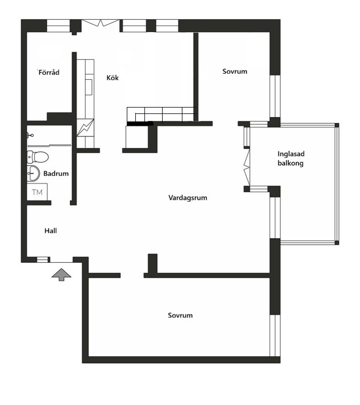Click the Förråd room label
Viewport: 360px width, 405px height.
(49, 72)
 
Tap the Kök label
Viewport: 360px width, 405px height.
(112, 78)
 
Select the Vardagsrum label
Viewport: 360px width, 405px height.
(188, 198)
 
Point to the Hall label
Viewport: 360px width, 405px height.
(51, 231)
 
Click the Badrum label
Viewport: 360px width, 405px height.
(56, 173)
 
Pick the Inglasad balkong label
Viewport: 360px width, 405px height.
(291, 158)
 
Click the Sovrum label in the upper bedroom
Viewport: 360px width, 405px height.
(235, 71)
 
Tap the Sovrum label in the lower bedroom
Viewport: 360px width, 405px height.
(180, 315)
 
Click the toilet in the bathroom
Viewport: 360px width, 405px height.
(37, 157)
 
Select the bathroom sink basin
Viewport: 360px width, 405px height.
(33, 173)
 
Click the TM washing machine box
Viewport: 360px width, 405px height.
(37, 192)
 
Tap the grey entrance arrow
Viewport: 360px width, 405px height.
(62, 274)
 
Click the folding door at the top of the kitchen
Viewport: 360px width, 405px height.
(100, 23)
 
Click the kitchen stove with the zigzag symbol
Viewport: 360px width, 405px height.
(85, 127)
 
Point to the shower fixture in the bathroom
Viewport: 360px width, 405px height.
(30, 135)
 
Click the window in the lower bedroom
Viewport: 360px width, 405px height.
(275, 335)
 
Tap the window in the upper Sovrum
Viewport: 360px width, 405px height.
(275, 96)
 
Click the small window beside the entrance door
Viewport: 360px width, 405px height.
(43, 259)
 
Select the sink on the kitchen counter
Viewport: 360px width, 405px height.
(89, 87)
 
